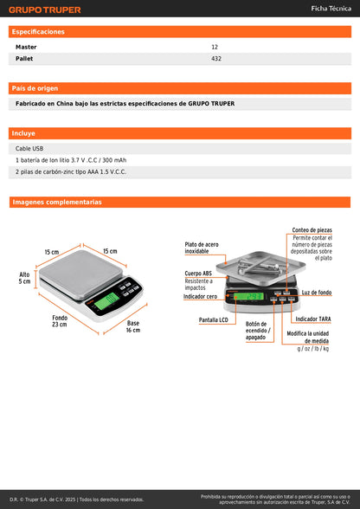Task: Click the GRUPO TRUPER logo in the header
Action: pos(45,10)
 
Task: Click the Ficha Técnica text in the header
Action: pos(330,9)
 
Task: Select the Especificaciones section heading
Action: pos(38,31)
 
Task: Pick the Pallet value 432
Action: pos(216,59)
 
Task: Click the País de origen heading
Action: pos(35,88)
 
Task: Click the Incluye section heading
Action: pos(23,133)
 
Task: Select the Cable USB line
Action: pos(30,148)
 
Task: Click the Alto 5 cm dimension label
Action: pos(25,278)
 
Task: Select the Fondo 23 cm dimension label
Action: pos(59,322)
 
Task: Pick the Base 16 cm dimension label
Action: pos(132,326)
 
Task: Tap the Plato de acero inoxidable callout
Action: pos(201,248)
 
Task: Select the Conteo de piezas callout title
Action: pos(312,229)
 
